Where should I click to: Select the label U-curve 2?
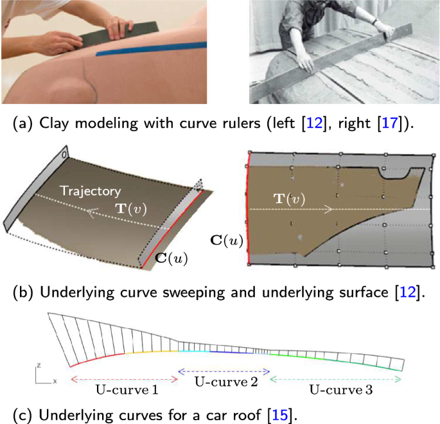click(x=224, y=380)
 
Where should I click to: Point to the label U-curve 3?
click(x=336, y=389)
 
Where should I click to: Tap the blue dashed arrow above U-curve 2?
click(x=224, y=371)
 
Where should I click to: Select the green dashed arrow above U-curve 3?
click(x=336, y=379)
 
